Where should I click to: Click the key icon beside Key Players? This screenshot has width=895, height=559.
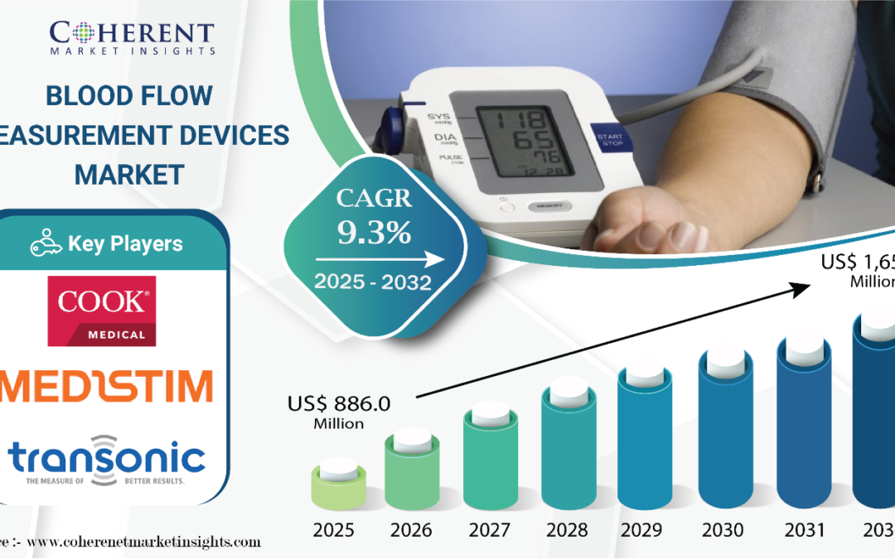tap(46, 244)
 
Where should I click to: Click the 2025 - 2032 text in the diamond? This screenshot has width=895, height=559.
tap(372, 282)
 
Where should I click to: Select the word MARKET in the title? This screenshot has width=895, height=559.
tap(128, 174)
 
